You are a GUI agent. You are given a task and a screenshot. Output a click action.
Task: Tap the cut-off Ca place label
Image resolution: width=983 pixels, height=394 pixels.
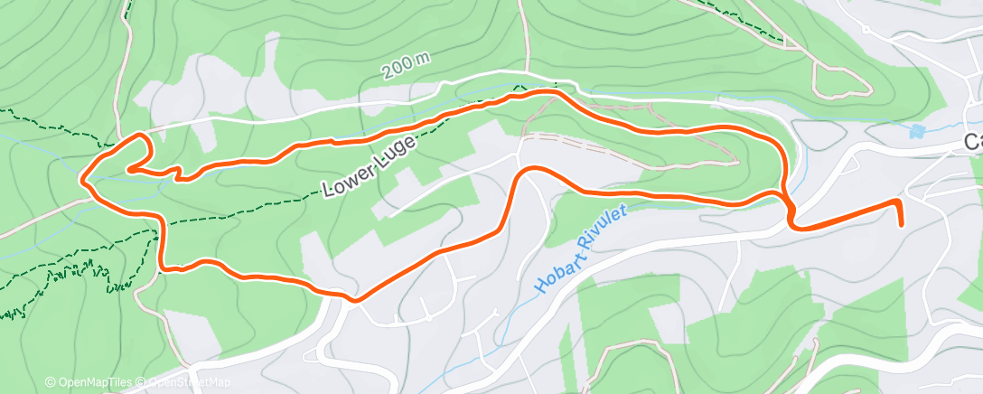pos(973,142)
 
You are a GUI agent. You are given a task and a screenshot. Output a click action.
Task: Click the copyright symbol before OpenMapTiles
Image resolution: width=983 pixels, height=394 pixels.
pos(50,382)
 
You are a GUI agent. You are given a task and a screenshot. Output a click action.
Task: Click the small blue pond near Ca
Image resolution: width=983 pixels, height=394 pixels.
pos(918,131)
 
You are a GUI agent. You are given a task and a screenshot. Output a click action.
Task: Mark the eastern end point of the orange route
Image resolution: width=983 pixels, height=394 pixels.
pos(901,222)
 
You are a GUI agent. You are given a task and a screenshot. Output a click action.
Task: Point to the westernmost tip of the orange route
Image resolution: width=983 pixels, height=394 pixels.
pos(84,178)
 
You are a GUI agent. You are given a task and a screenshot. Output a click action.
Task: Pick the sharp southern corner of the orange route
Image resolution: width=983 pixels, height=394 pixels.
pos(354,299)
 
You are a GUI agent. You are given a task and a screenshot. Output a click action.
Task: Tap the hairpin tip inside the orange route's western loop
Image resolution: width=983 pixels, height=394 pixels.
pos(129,168)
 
